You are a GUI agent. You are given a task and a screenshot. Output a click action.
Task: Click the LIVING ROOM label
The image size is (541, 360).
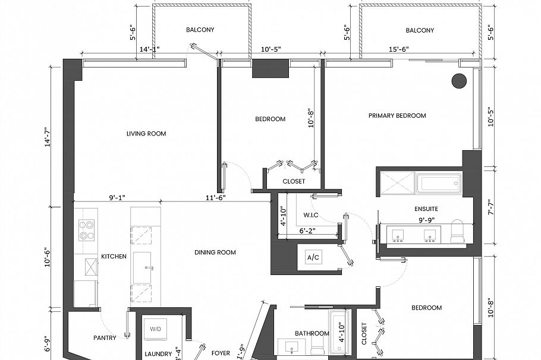(146, 134)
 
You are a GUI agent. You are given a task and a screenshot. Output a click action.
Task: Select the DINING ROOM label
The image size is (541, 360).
(215, 252)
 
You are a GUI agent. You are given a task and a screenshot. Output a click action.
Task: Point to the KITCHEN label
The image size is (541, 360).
(114, 257)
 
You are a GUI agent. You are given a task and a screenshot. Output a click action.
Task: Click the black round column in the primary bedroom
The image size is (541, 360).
(458, 81)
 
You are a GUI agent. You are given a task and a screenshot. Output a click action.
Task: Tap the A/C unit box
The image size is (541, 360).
(312, 258)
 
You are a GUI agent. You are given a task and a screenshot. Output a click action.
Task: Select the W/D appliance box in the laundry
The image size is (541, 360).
(155, 329)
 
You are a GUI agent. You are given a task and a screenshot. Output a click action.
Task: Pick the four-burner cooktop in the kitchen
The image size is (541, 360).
(87, 229)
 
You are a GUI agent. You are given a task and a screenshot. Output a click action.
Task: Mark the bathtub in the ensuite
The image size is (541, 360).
(439, 184)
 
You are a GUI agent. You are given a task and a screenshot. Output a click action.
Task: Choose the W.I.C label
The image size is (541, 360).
(312, 215)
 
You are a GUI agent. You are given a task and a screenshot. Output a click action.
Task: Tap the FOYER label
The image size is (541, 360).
(221, 353)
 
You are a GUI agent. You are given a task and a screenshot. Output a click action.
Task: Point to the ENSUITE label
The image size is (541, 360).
(426, 209)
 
